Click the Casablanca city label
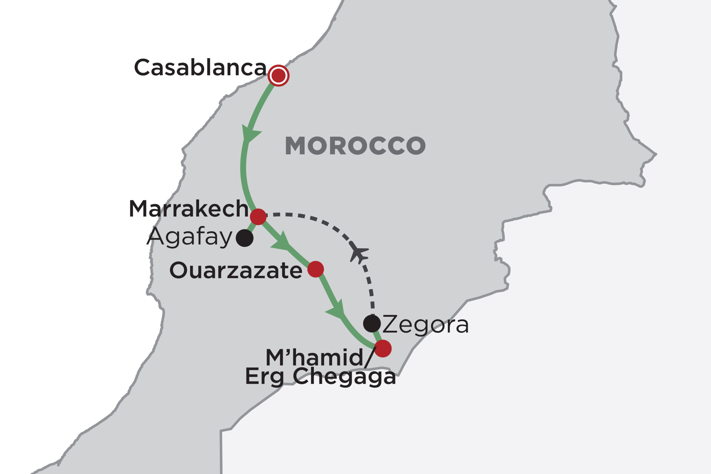(200, 67)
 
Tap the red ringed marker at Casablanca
(278, 76)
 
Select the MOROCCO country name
(355, 146)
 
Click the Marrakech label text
(189, 209)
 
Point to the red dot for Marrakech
(258, 217)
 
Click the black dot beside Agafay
(245, 238)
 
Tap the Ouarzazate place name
(236, 270)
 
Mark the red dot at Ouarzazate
(316, 269)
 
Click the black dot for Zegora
(372, 323)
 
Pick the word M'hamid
(314, 358)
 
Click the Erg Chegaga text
(321, 377)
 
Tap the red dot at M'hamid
(383, 348)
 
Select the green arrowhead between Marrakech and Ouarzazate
(281, 242)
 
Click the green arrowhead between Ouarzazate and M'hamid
(337, 311)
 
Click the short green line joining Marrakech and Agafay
(251, 227)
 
